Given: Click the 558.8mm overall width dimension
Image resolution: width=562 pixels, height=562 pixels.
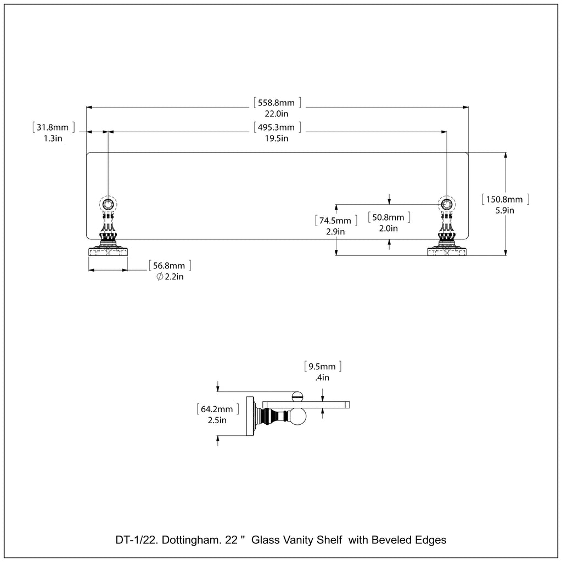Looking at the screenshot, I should point(277,102).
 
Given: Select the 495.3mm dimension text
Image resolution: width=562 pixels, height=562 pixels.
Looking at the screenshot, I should point(277,128).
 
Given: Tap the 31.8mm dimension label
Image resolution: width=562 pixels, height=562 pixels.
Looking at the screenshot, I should point(53,128).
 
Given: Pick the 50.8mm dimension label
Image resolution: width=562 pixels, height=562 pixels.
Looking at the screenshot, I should point(389,217).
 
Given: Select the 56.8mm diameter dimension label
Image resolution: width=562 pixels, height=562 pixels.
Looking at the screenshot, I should point(170,266).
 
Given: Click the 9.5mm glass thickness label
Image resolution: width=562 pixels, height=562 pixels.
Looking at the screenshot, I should point(323,366).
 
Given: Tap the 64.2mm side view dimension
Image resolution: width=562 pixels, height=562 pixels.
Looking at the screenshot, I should point(217,409).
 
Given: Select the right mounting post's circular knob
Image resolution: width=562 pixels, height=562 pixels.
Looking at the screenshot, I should point(447,204).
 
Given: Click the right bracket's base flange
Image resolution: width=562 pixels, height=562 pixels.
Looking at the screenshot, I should point(447,252).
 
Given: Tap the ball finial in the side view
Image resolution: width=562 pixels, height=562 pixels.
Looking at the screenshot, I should point(300,419).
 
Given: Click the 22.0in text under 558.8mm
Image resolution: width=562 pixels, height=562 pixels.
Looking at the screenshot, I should point(277,114).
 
